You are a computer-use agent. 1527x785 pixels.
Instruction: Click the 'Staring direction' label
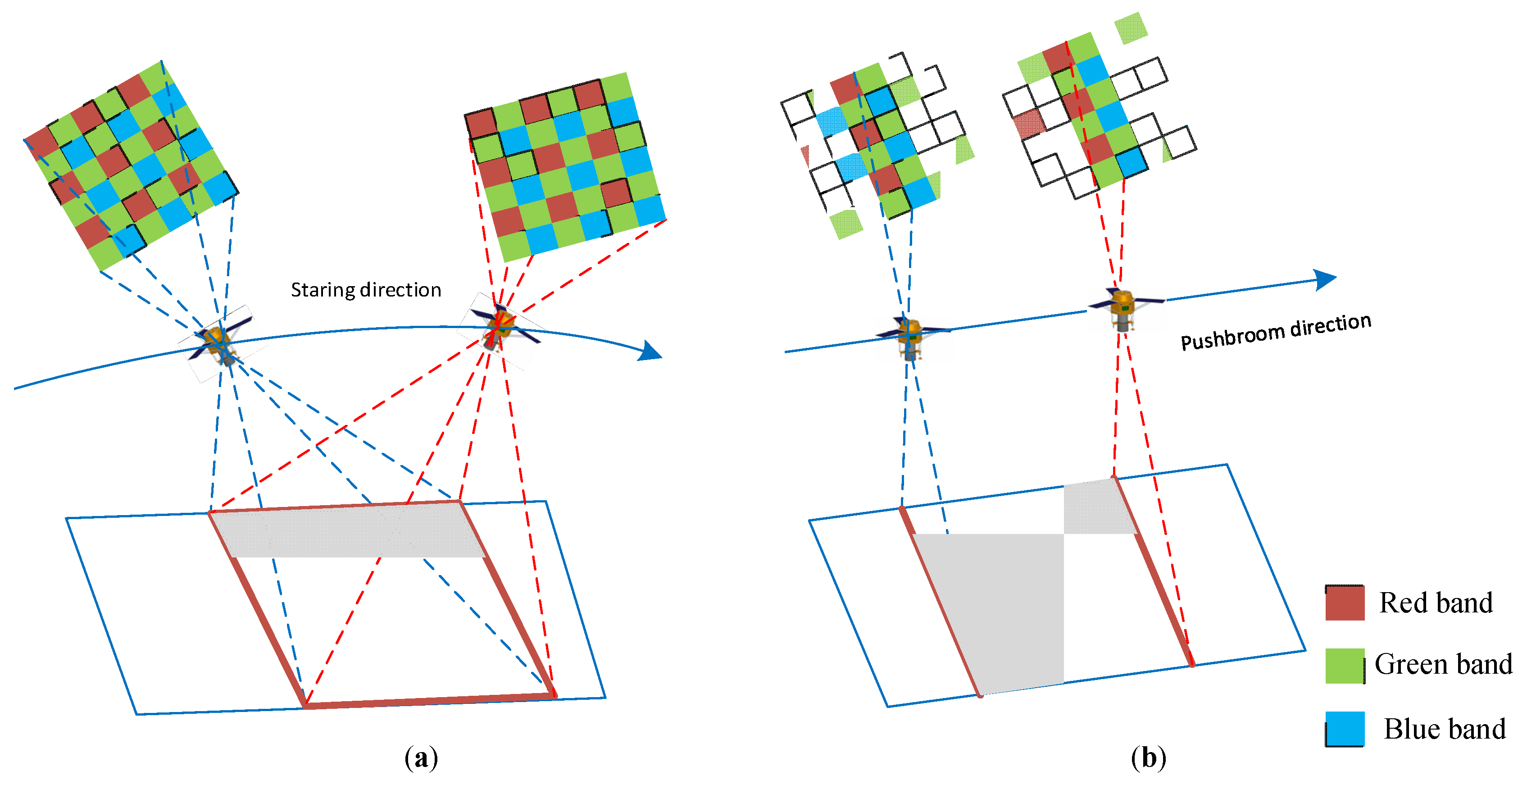tap(366, 290)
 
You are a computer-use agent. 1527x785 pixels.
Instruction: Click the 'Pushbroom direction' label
tap(1276, 332)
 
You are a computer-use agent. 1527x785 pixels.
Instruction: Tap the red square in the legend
tap(1345, 602)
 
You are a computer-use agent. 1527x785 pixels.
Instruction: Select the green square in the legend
tap(1345, 665)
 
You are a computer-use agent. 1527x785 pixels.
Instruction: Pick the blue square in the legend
tap(1345, 728)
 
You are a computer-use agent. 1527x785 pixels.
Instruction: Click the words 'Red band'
tap(1435, 602)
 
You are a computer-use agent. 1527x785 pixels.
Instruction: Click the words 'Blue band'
tap(1444, 729)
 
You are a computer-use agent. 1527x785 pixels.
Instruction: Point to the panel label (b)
tap(1148, 758)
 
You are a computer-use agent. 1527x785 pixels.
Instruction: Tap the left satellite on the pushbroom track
tap(910, 337)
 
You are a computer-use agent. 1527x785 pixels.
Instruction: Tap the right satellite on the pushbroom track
tap(1123, 308)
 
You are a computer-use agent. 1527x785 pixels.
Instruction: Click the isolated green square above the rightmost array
tap(1131, 28)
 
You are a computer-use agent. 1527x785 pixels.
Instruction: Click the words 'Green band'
tap(1443, 664)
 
